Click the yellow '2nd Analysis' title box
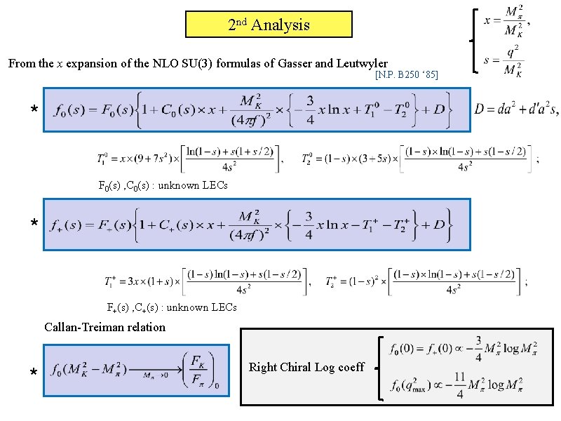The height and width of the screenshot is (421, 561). point(269,25)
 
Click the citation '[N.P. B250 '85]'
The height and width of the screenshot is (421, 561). point(407,74)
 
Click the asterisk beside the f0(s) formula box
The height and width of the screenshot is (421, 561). point(33,110)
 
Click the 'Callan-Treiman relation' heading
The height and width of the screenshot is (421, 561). point(104,327)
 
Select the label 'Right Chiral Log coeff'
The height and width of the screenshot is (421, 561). point(306,367)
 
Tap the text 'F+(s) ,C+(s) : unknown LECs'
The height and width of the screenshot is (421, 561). point(172,307)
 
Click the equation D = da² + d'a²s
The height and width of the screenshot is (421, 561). point(516,109)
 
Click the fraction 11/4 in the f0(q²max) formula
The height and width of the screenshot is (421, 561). point(458,385)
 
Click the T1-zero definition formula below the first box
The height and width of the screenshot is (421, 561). point(189,158)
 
